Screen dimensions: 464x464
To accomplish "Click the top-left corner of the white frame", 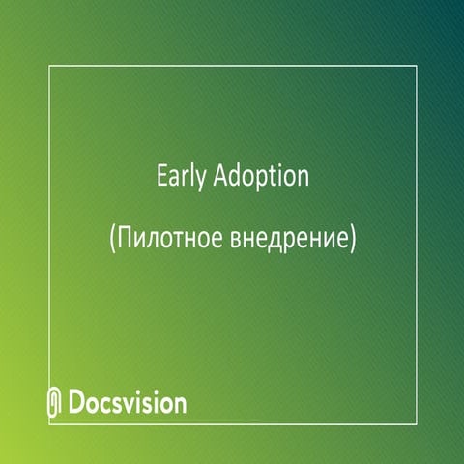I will click(48, 66).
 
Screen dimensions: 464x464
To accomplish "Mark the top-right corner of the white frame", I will click(416, 66).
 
